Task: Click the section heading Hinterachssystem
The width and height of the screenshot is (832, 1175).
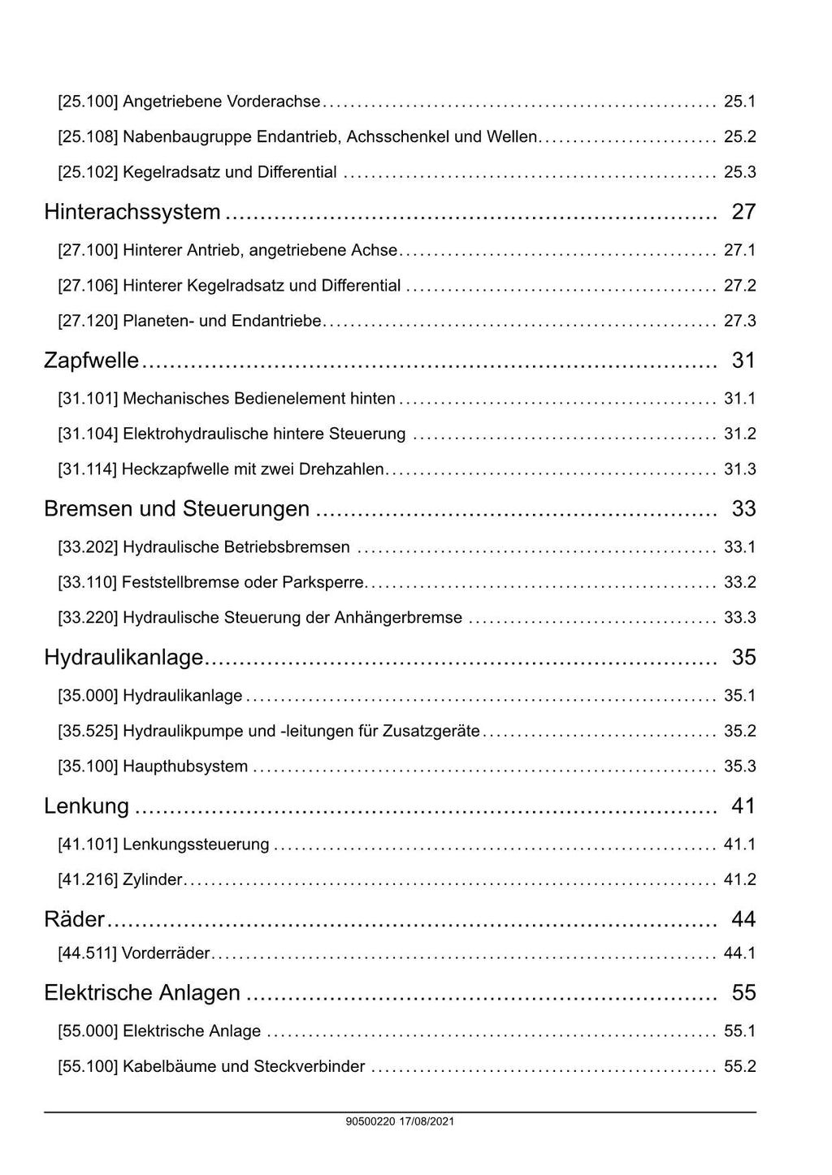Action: click(132, 212)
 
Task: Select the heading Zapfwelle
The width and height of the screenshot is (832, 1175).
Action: click(91, 361)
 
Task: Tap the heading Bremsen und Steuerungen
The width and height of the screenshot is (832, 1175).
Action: click(176, 509)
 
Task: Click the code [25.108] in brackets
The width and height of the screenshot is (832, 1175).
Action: click(88, 136)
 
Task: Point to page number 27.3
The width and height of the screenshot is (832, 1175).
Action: click(739, 321)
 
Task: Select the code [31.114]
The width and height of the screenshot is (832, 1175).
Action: click(88, 469)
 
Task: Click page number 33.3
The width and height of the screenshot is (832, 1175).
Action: click(739, 618)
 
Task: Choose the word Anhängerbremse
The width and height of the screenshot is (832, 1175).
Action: click(398, 618)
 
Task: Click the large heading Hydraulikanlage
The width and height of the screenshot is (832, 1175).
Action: click(123, 657)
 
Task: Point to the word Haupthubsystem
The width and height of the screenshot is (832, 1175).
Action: click(185, 767)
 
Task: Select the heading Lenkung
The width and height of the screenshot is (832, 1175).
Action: click(86, 806)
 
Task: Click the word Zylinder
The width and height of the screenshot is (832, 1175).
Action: click(153, 879)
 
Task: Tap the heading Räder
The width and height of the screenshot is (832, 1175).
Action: click(74, 919)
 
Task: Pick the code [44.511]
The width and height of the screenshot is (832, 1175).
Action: click(88, 953)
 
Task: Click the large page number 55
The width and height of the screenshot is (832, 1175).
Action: click(743, 993)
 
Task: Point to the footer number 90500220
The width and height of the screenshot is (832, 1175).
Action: click(370, 1121)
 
